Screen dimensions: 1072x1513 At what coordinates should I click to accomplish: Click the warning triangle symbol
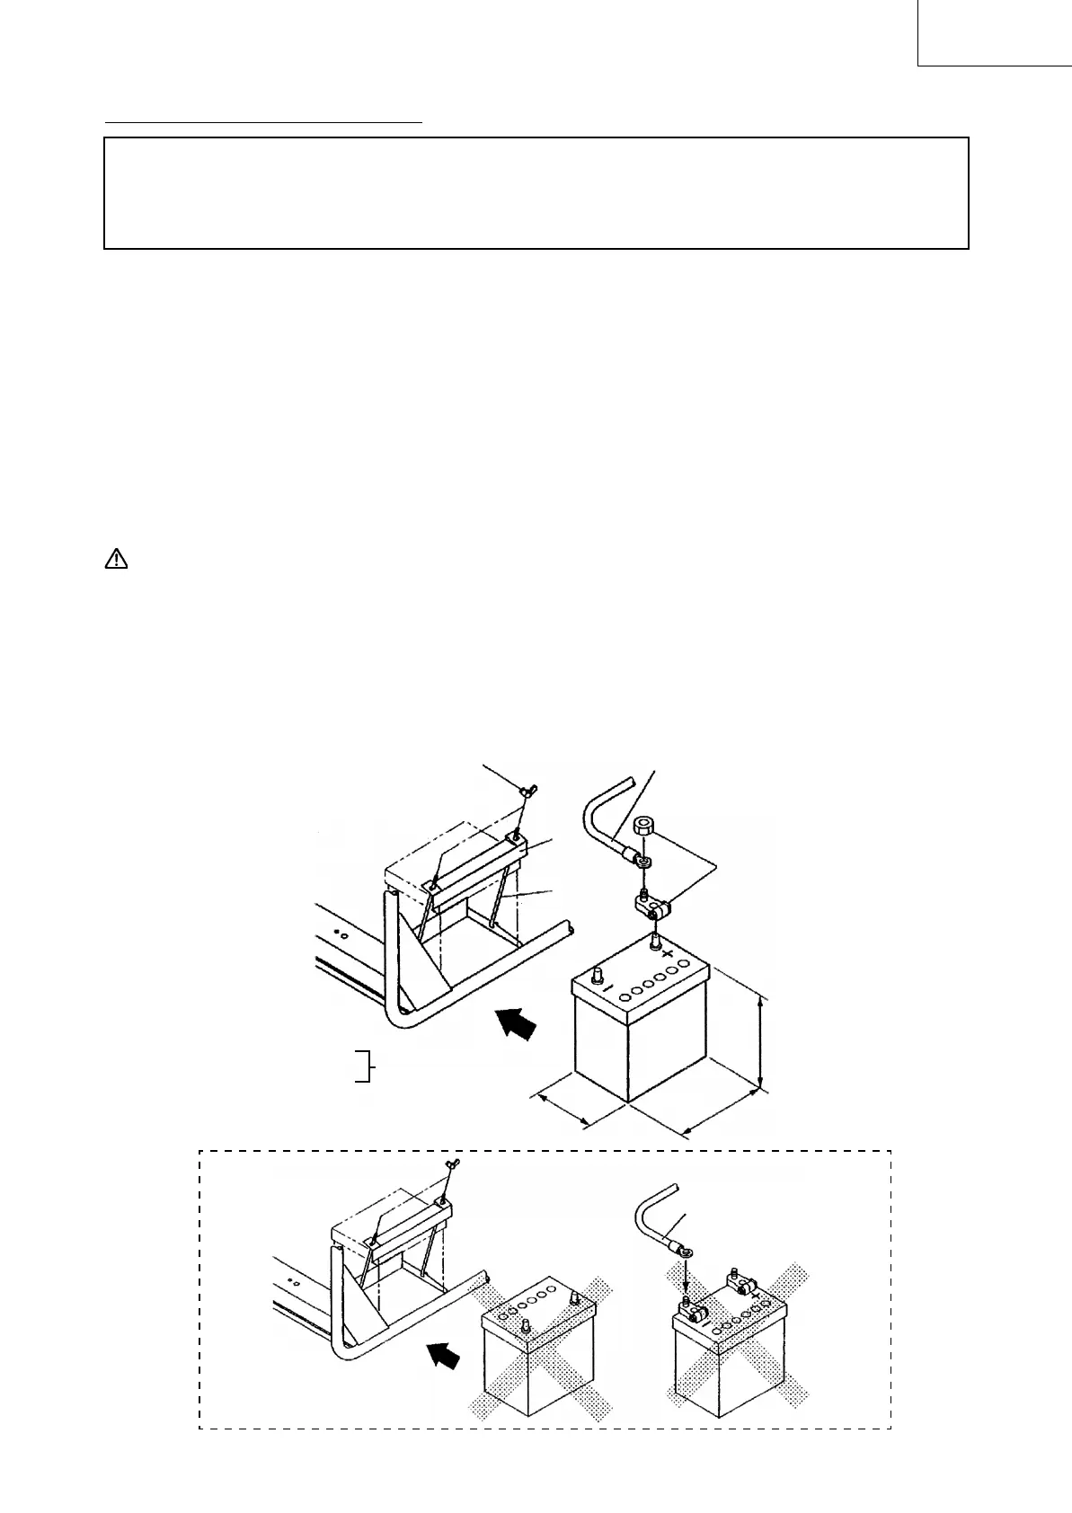point(117,560)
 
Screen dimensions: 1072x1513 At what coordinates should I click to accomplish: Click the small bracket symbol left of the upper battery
point(364,1065)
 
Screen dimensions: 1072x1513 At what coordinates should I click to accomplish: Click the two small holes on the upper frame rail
point(342,933)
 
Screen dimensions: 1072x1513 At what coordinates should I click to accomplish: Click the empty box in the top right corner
point(994,32)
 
